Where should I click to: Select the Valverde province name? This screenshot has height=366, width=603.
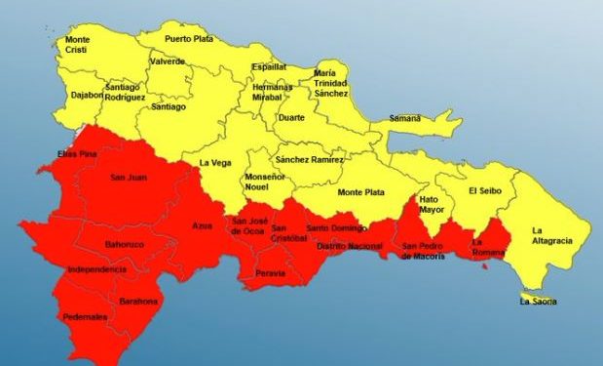[x=168, y=61]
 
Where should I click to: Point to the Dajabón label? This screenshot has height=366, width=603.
[x=81, y=95]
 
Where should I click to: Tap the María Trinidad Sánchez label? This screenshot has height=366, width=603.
[x=331, y=83]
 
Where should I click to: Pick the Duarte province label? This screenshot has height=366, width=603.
[x=292, y=117]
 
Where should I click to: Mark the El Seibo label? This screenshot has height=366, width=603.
[x=484, y=190]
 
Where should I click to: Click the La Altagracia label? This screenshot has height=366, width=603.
[x=551, y=235]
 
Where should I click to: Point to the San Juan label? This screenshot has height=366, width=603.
[x=130, y=177]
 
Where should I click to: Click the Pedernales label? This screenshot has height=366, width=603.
[x=86, y=317]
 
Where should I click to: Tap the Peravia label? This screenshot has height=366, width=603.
[x=271, y=273]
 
